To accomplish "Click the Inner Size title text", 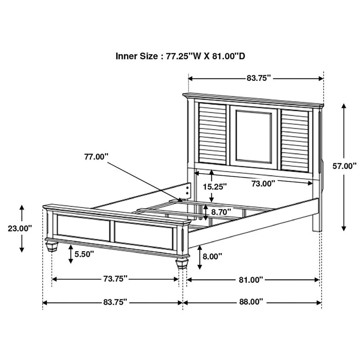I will point(180,56).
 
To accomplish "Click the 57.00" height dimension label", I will point(344,165).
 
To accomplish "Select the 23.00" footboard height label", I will point(20,228).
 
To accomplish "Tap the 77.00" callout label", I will point(96,157).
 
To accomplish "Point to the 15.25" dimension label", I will point(215,186).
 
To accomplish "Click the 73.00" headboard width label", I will point(263,184).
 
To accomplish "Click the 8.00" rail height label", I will point(212,256).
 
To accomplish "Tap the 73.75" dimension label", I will point(115,279).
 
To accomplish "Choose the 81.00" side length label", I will point(251,279).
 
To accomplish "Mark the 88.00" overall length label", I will point(251,301).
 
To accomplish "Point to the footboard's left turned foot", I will point(51,245).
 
